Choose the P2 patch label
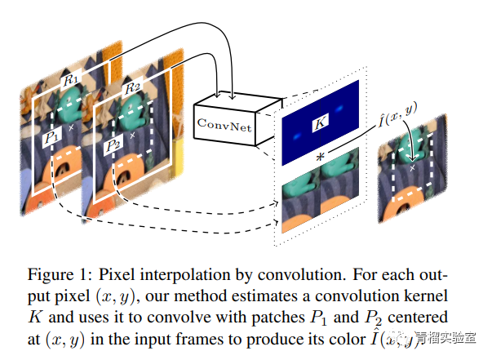(x=112, y=146)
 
